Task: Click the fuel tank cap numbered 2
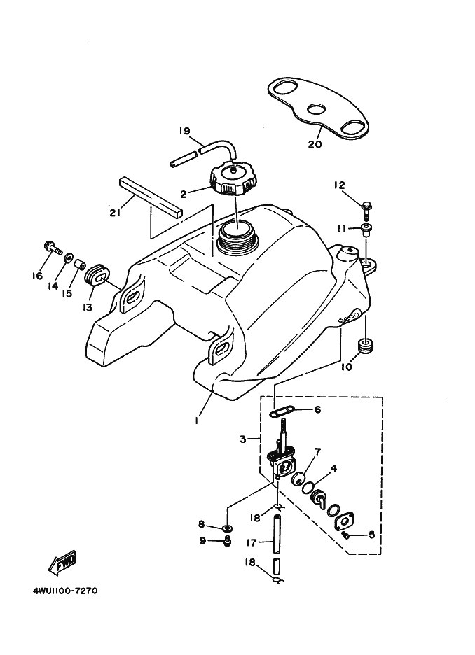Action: coord(234,178)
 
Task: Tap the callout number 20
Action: coord(315,145)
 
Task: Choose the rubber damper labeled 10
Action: coord(365,345)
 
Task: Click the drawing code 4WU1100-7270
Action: coord(64,591)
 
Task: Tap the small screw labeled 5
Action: coord(345,535)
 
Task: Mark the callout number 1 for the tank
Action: coord(198,421)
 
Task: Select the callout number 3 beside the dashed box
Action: coord(242,440)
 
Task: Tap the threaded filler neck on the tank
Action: coord(238,237)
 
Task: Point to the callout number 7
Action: coord(317,453)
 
